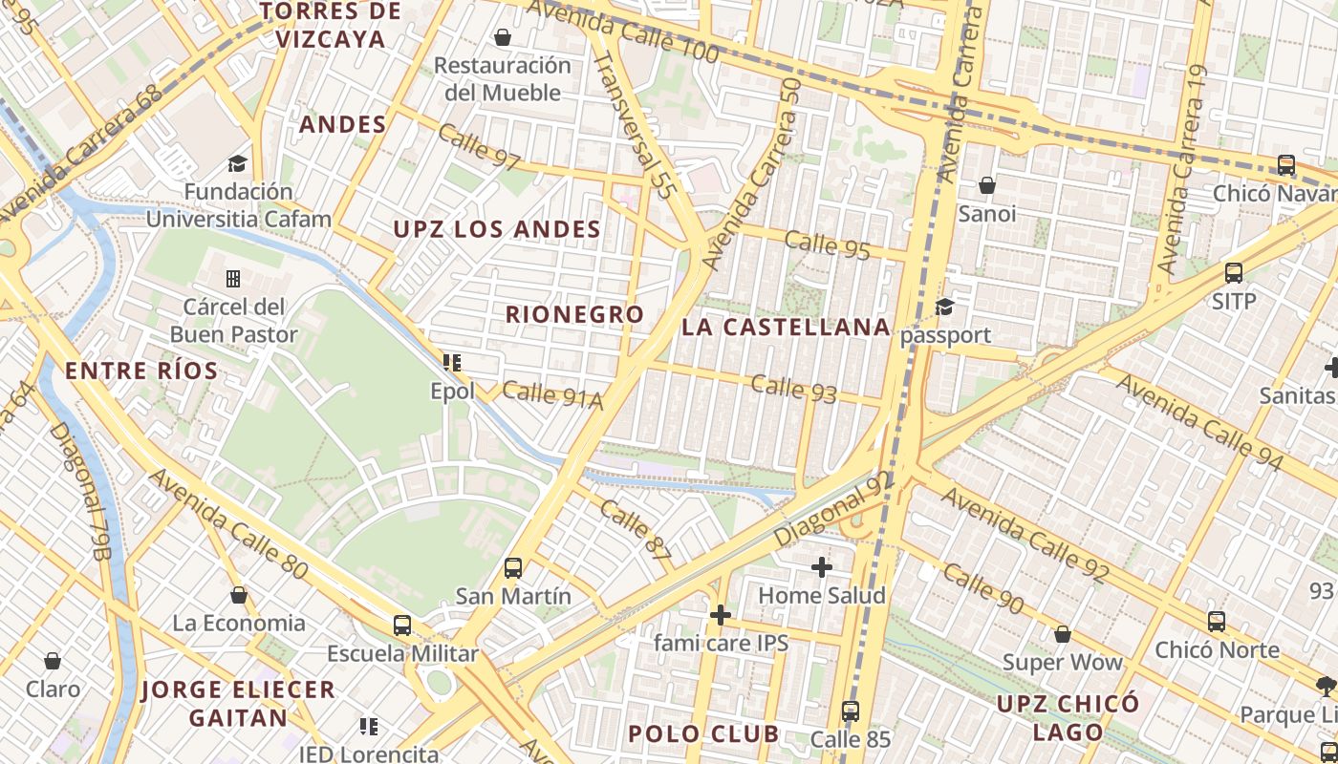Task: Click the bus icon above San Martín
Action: click(513, 568)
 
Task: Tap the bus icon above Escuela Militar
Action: click(402, 626)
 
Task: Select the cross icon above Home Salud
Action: click(822, 567)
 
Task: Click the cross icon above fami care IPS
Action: click(721, 614)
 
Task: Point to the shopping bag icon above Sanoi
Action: click(986, 185)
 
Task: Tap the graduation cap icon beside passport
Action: click(944, 307)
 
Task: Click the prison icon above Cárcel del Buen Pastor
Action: click(233, 279)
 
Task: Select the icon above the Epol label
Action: click(452, 363)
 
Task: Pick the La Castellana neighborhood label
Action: click(786, 328)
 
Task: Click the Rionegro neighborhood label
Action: click(574, 314)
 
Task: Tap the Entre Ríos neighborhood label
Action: click(141, 371)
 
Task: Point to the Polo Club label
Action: click(702, 733)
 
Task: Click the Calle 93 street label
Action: click(793, 389)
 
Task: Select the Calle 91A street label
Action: click(552, 395)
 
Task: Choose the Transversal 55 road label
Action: click(635, 124)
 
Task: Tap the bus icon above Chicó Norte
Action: click(1217, 622)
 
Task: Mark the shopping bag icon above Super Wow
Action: click(1062, 634)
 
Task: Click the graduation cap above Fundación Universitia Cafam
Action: click(237, 164)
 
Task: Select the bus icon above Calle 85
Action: click(851, 711)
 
